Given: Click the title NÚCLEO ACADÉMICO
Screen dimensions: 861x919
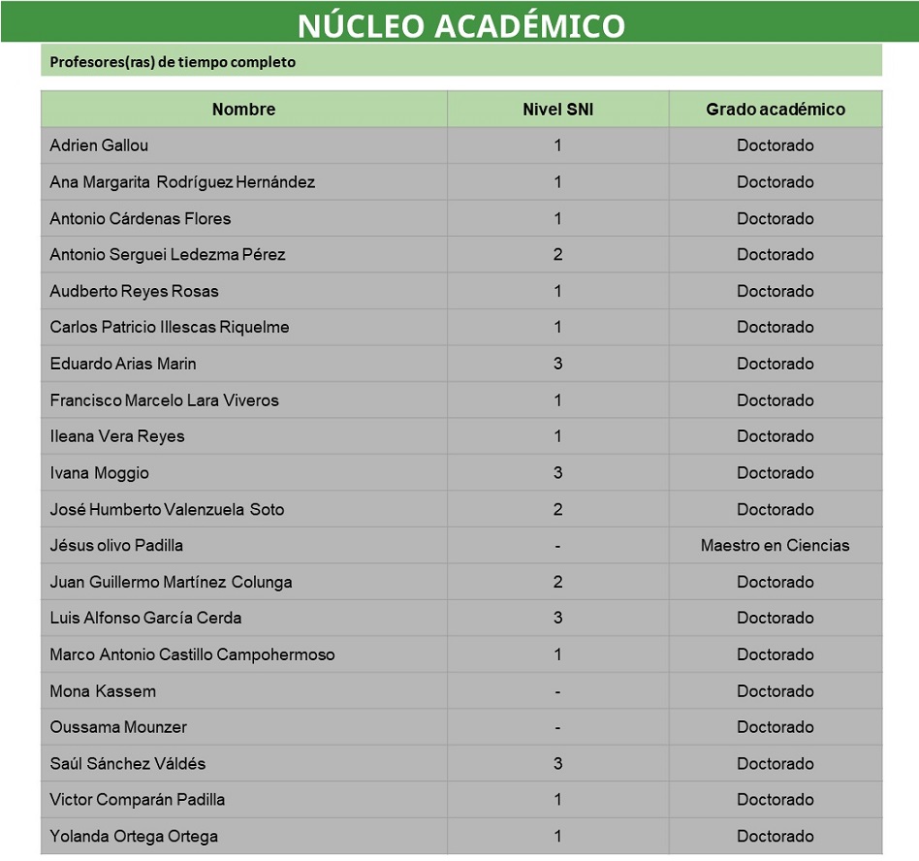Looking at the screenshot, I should (x=460, y=25).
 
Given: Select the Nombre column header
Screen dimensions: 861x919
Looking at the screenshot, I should (x=243, y=110).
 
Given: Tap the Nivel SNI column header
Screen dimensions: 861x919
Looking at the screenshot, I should (x=557, y=110).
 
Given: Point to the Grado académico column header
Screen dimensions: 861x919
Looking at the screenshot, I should (x=775, y=110).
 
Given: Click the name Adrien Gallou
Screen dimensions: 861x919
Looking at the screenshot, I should (x=99, y=145).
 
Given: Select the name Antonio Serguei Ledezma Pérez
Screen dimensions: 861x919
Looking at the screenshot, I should (x=168, y=255).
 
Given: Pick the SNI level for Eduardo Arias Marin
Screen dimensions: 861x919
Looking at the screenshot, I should (x=557, y=364).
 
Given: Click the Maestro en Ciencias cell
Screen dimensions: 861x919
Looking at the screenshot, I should (x=775, y=546).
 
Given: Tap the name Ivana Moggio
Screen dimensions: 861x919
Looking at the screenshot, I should (x=99, y=473).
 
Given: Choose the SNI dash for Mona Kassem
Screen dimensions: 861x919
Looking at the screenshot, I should (x=557, y=691).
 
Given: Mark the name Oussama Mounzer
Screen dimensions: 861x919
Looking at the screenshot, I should (x=118, y=727).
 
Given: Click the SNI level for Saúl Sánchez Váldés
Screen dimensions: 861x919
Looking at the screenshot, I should (x=557, y=764).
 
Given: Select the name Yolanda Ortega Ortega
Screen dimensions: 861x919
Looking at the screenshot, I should (x=134, y=837).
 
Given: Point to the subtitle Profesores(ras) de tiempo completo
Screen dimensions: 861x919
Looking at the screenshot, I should (x=173, y=62).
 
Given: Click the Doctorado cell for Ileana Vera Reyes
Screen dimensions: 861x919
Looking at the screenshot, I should (x=775, y=436).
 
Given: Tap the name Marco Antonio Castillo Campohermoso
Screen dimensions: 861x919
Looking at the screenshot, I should (x=192, y=654).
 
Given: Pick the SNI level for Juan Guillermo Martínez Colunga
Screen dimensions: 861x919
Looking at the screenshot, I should (x=557, y=582).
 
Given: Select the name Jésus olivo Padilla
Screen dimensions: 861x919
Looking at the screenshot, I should (x=116, y=546).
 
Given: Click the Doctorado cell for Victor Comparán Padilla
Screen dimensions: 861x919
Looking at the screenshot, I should (x=775, y=800).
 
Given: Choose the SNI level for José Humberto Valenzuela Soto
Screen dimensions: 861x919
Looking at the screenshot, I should (x=557, y=509).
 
